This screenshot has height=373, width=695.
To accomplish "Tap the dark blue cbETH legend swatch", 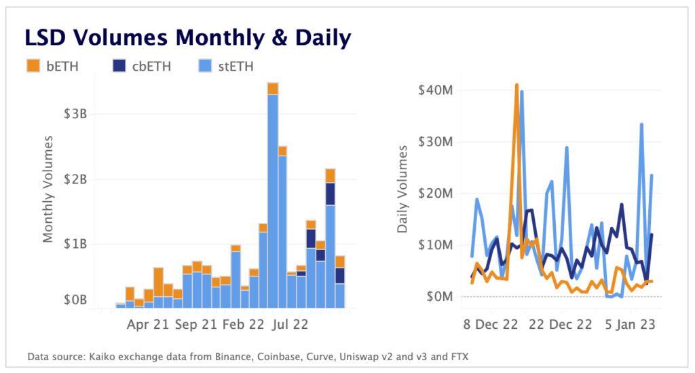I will (x=119, y=66).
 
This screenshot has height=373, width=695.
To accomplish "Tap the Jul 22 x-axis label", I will (x=290, y=325).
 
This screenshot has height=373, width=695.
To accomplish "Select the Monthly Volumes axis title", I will (x=48, y=190).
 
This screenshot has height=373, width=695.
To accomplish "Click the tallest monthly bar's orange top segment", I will (x=273, y=88).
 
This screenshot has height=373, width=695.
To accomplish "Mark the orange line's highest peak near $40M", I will (x=516, y=85).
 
